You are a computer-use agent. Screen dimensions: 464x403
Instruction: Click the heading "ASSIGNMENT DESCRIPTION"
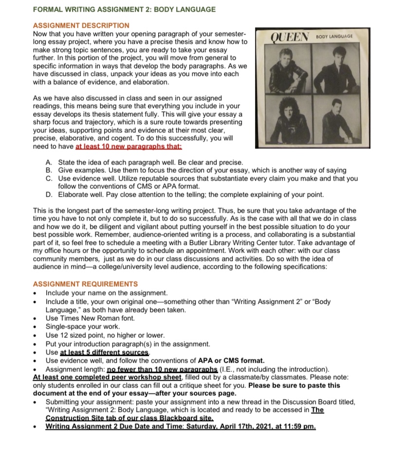tap(81, 25)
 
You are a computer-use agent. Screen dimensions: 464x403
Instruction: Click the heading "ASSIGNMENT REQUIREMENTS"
tap(85, 284)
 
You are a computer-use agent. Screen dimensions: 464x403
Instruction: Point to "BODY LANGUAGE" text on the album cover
tap(334, 37)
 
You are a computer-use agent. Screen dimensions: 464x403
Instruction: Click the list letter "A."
tap(49, 162)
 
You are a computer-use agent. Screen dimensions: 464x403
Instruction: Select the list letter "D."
tap(49, 195)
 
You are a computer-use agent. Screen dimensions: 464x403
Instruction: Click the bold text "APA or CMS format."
tap(231, 360)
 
